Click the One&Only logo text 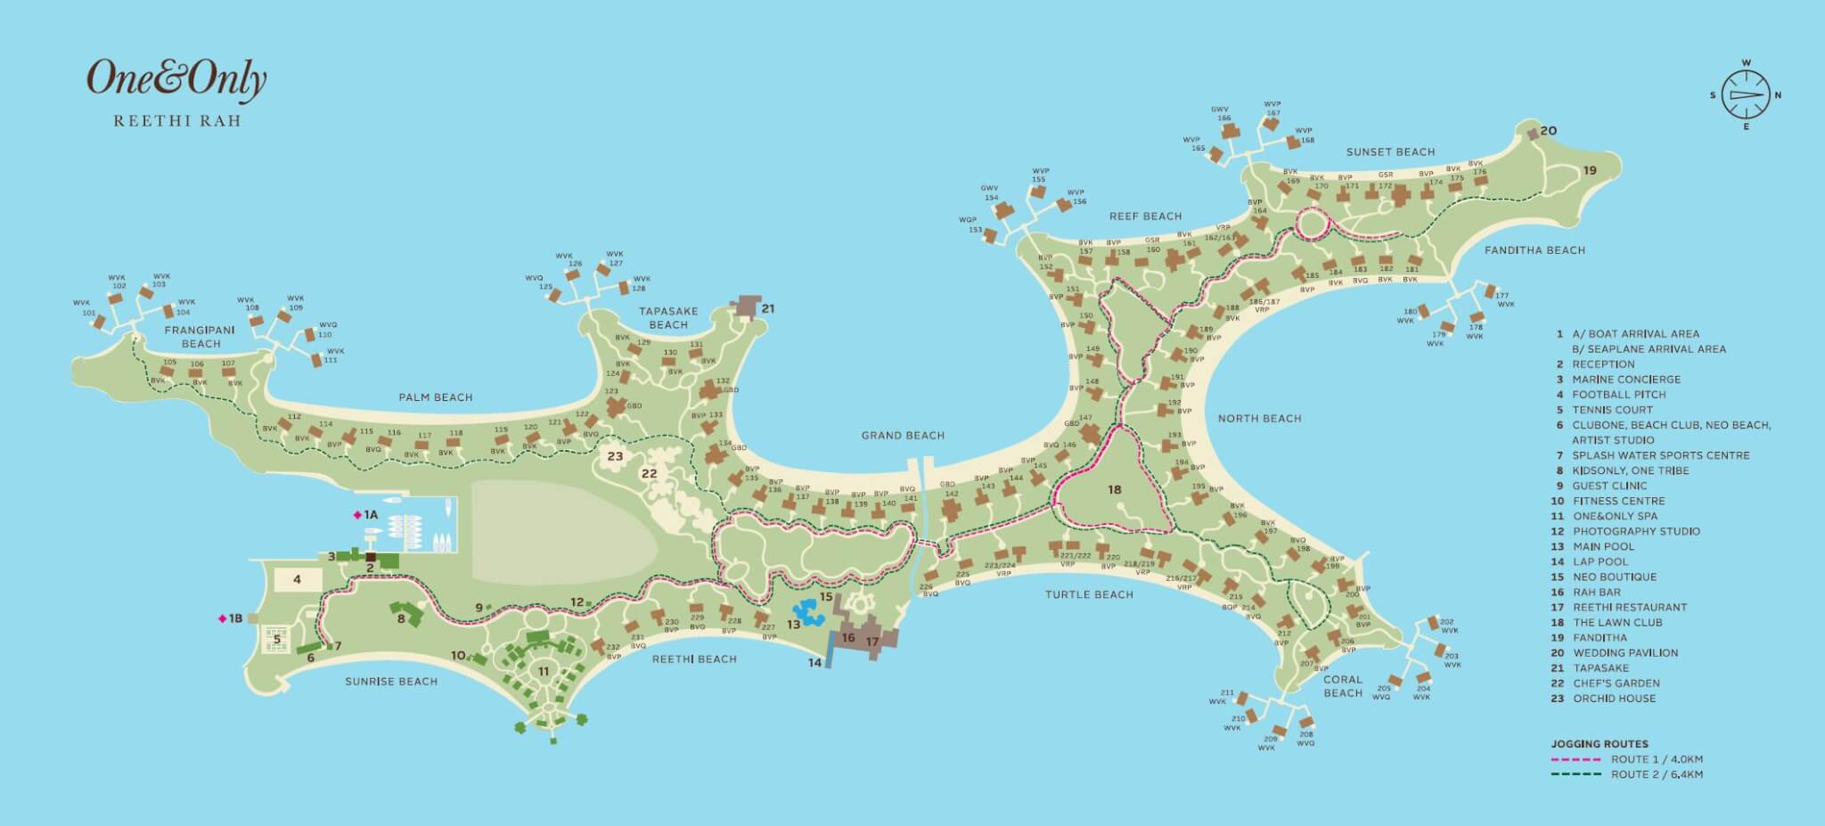point(176,79)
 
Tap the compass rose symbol point(1745,94)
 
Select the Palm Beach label point(435,397)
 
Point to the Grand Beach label point(903,436)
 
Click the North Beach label point(1259,418)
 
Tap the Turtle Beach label point(1089,594)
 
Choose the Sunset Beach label point(1390,152)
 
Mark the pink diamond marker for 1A point(357,515)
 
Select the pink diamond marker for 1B point(222,618)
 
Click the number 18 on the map point(1114,489)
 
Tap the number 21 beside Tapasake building point(768,309)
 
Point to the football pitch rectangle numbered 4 point(297,579)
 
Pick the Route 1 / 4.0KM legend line point(1577,760)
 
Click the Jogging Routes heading point(1600,744)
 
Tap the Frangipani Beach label point(201,336)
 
